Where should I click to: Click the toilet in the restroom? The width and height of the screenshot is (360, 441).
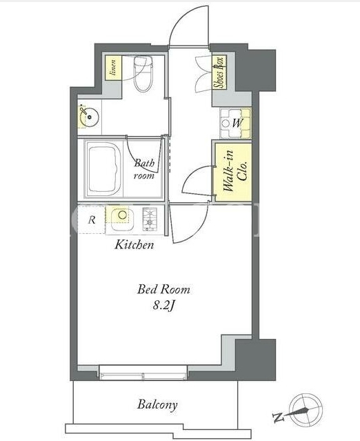(143, 73)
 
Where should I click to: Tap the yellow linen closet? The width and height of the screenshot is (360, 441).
(114, 68)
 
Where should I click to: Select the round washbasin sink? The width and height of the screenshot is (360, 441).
(88, 117)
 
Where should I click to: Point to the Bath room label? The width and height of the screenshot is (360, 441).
(144, 169)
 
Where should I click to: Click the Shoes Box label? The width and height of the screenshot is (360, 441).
(219, 73)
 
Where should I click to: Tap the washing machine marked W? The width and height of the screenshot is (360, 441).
(235, 123)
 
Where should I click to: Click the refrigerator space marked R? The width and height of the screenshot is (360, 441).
(92, 220)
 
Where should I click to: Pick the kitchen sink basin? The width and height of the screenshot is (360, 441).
(123, 218)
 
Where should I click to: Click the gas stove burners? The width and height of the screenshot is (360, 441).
(150, 219)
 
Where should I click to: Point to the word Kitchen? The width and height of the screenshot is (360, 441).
(134, 245)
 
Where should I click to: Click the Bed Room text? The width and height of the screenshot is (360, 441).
(163, 289)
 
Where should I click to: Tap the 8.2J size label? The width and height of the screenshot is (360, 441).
(164, 306)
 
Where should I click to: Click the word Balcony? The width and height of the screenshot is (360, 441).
(157, 405)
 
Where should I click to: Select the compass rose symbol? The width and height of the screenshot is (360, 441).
(306, 409)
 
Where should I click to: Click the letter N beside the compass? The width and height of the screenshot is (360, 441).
(278, 418)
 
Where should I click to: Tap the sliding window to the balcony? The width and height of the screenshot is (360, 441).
(143, 373)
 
